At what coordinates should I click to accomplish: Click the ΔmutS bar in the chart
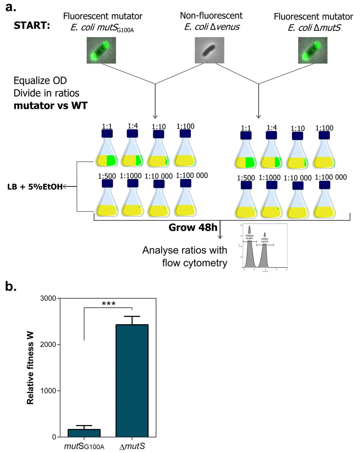point(132,381)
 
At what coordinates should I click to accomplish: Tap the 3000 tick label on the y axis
point(48,298)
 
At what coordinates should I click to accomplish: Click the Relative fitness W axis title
point(30,368)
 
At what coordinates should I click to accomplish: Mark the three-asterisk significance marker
point(109,304)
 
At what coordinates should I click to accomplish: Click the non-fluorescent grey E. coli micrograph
point(209,50)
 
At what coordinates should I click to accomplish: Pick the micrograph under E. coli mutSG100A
point(101,50)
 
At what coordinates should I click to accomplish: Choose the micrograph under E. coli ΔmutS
point(313,50)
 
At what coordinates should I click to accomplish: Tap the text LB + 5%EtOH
point(35,187)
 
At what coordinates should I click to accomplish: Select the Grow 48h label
point(193,227)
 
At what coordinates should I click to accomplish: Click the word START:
point(32,26)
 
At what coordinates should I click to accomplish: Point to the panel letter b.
point(11,286)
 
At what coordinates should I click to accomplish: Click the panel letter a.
point(11,7)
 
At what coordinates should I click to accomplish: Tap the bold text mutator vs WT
point(50,106)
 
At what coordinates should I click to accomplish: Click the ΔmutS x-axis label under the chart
point(132,446)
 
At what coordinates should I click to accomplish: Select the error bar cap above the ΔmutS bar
point(132,316)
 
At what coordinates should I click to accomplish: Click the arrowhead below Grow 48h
point(220,237)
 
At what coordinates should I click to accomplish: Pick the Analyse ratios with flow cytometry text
point(185,256)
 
